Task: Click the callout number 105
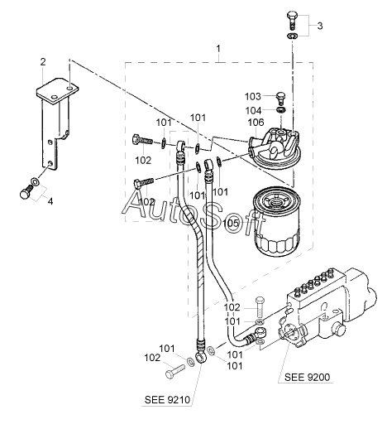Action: tap(231, 223)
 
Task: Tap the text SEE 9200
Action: tap(307, 377)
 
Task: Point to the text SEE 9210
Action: tap(167, 400)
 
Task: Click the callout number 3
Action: tap(319, 26)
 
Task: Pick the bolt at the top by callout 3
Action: tap(293, 21)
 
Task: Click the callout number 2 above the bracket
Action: tap(43, 62)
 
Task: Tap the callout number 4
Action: tap(50, 201)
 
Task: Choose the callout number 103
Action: tap(252, 97)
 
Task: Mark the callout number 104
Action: tap(253, 111)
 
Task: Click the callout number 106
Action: tap(256, 123)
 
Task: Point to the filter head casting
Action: tap(275, 148)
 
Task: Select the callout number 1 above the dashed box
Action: tap(218, 49)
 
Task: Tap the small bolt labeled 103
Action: tap(280, 99)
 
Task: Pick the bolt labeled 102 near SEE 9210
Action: tap(175, 371)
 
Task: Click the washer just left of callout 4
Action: tap(36, 181)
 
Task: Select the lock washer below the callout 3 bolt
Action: tap(293, 36)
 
